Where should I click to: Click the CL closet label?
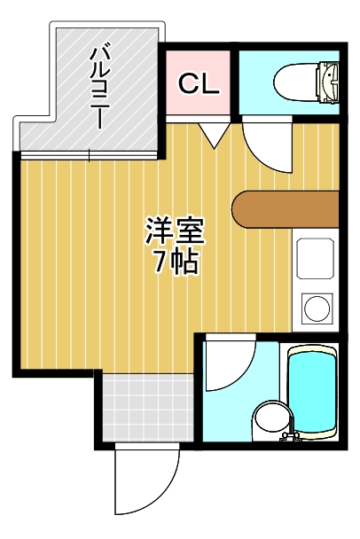199,84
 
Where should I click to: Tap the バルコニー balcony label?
99,89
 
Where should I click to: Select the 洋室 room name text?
175,230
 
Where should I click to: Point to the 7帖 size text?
176,262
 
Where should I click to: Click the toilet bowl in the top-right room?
296,82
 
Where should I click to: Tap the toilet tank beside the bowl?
329,82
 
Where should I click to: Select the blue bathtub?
311,392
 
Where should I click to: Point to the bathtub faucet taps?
291,436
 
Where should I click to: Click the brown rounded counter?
286,209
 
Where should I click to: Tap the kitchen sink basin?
316,258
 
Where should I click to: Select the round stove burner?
317,307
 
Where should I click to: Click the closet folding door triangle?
214,136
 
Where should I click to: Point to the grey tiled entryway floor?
148,408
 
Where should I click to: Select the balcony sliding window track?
89,156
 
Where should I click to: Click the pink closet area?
198,82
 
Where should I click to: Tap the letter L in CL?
211,84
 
